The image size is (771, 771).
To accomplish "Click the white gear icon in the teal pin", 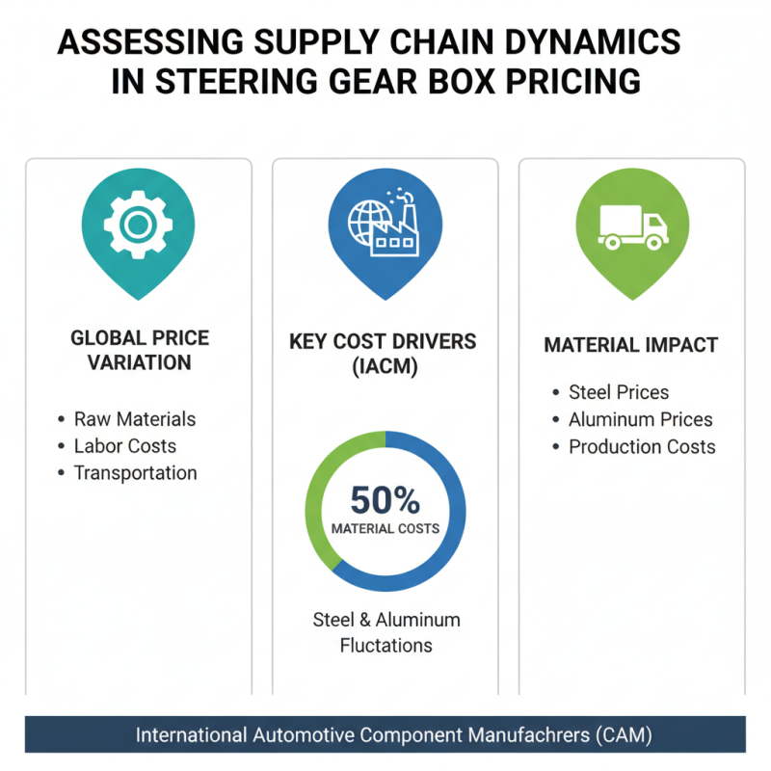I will [138, 224].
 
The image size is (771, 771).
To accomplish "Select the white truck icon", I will [632, 227].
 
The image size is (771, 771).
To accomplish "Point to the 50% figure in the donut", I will [385, 500].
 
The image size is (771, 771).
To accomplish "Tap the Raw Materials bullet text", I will [134, 419].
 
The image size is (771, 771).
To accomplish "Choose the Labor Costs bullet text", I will [125, 446].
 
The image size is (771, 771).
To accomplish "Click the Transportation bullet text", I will [135, 473].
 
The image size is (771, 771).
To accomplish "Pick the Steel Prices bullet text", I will [619, 392].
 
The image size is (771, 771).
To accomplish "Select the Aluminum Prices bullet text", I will [641, 419].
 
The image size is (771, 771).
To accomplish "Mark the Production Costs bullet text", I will [642, 446].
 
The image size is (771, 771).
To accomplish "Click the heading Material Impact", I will [631, 345].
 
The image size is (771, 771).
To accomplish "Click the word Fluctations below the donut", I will [386, 646].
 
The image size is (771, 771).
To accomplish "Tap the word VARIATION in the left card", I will [140, 363].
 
